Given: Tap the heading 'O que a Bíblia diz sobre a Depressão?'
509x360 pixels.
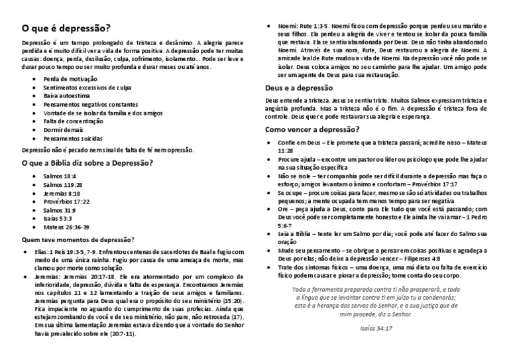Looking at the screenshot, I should (x=87, y=162).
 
